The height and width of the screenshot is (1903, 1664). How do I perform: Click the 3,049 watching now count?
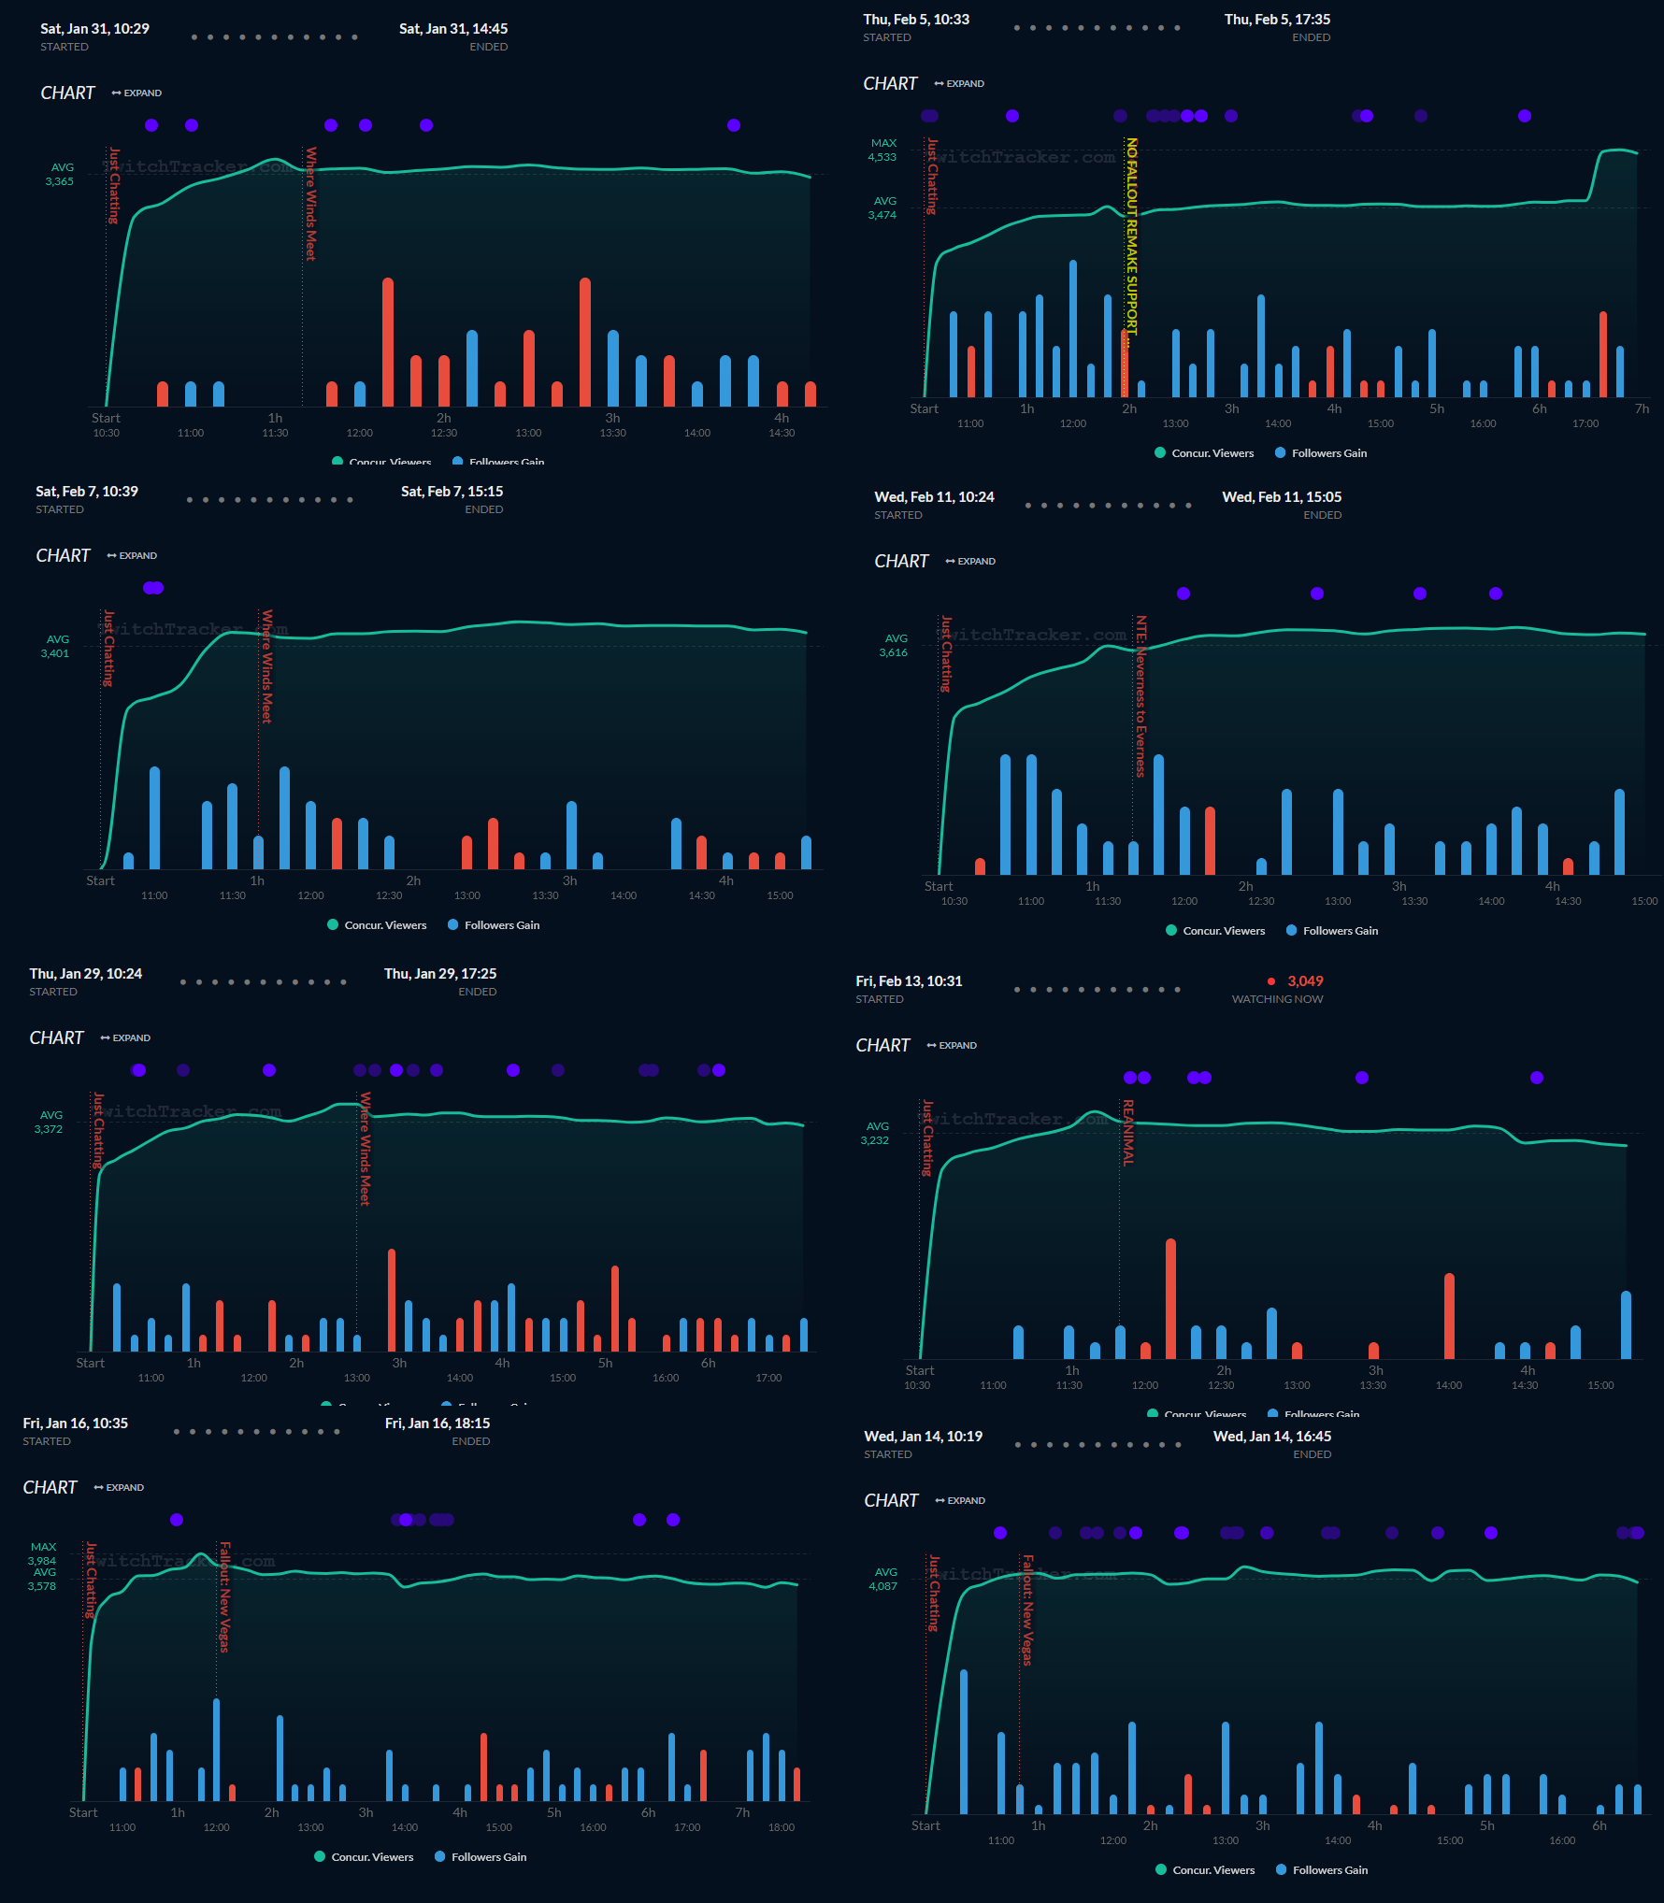click(1304, 981)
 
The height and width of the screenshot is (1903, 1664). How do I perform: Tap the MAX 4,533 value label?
click(882, 150)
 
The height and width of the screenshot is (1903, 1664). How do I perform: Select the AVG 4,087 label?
click(883, 1579)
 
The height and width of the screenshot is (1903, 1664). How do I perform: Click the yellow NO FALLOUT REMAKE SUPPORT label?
click(1131, 238)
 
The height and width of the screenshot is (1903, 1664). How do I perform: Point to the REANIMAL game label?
click(1128, 1132)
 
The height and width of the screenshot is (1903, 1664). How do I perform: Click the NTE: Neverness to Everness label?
click(1140, 695)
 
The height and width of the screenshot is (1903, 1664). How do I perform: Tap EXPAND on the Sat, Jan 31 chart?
click(137, 93)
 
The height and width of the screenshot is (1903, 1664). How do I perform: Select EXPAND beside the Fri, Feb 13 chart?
click(953, 1046)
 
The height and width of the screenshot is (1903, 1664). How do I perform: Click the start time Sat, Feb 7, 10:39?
click(87, 492)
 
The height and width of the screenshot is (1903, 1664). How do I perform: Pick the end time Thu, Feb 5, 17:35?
click(1277, 20)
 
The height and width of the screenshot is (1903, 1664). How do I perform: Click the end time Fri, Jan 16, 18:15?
click(438, 1424)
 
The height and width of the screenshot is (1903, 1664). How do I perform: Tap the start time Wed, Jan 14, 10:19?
click(923, 1437)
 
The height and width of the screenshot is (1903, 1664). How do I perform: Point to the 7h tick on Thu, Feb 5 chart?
click(1642, 409)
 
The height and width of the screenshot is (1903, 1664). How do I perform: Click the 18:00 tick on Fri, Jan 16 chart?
click(781, 1827)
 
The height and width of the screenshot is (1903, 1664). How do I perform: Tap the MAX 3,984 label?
click(42, 1554)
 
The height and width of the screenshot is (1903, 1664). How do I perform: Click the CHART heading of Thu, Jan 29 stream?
click(56, 1038)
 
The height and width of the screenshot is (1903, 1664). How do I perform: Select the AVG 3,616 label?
click(894, 646)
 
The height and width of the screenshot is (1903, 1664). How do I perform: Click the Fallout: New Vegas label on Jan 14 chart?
click(1027, 1610)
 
